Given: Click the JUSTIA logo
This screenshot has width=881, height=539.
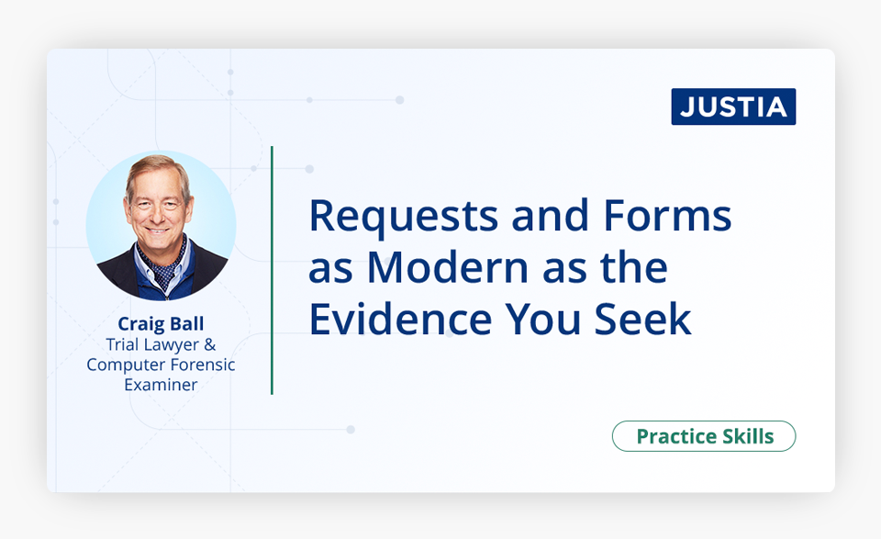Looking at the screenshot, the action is [733, 107].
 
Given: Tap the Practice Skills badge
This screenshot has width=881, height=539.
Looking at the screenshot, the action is [704, 436].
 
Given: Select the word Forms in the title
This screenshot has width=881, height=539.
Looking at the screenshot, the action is [667, 215].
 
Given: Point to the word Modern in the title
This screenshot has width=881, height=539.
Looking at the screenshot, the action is [448, 267].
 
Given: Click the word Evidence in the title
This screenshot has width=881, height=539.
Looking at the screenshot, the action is [401, 320].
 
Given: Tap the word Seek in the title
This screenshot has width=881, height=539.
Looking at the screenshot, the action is [642, 320].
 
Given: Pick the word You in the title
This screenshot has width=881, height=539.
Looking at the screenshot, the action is [542, 320].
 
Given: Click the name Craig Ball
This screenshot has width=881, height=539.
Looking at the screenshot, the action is [161, 324].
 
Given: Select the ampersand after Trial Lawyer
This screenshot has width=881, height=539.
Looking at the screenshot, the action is [209, 344].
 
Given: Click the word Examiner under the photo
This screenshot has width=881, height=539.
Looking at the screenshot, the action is [161, 385].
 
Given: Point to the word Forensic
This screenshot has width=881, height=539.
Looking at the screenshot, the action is [202, 365].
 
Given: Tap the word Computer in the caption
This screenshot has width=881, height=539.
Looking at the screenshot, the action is [126, 365].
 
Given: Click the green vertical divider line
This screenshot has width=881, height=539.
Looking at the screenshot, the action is [272, 270].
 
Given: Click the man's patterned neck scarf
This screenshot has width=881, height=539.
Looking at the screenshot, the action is [163, 264].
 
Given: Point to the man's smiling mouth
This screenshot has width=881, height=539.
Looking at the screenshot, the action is [157, 230].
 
